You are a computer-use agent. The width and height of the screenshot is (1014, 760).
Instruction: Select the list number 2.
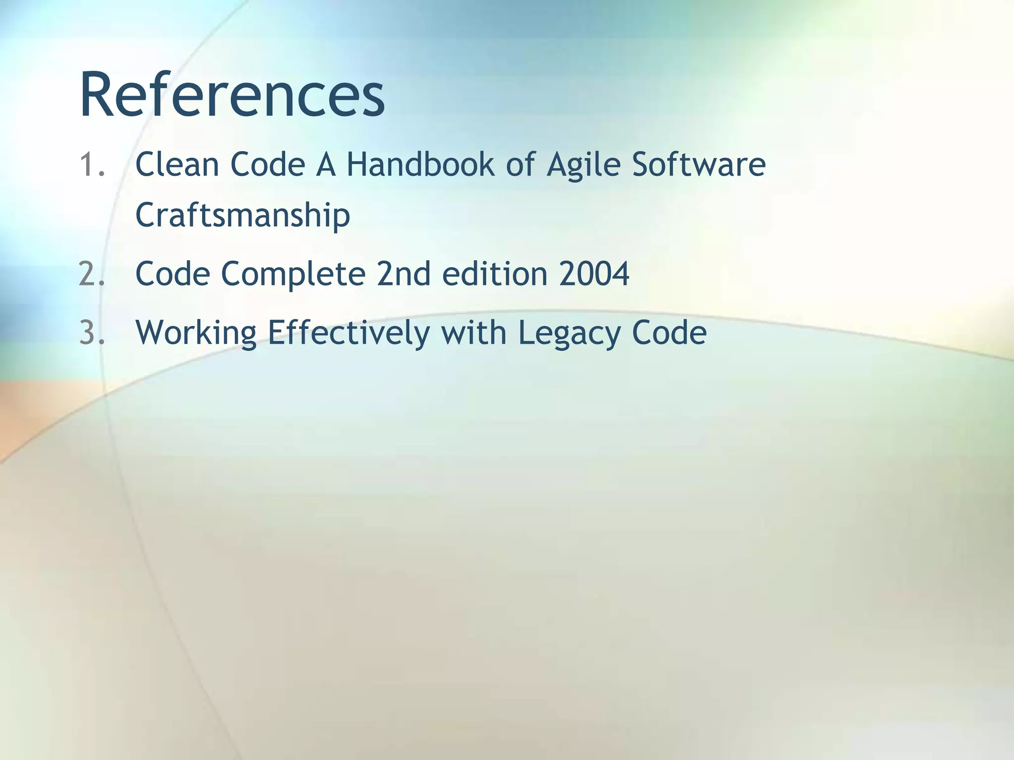92,273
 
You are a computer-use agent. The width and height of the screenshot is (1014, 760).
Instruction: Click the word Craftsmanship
243,215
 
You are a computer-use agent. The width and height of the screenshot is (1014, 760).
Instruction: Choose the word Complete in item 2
293,274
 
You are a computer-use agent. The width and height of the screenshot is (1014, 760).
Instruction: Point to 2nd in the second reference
404,273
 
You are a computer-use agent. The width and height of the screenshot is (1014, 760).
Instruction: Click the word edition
495,273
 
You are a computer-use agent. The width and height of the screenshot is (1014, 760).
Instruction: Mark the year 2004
594,273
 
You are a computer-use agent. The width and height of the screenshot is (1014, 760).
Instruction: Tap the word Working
196,333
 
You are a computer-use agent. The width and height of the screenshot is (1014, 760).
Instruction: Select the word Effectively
349,333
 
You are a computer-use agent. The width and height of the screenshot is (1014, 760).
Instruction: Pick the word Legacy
569,333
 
